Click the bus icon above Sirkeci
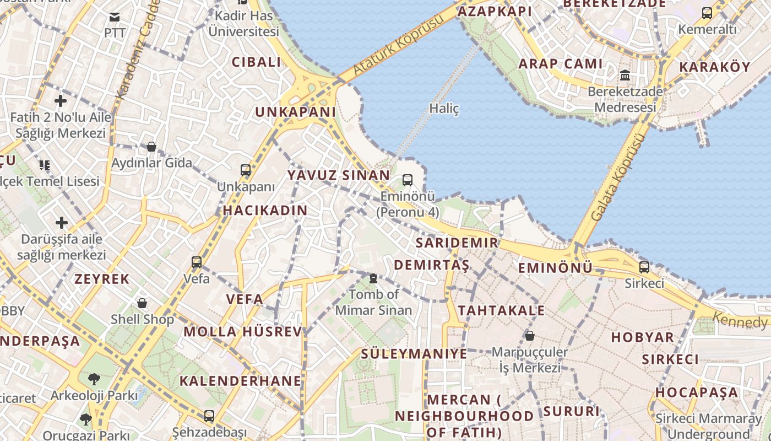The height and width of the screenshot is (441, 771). pyautogui.click(x=644, y=267)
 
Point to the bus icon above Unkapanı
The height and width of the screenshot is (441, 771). pyautogui.click(x=246, y=170)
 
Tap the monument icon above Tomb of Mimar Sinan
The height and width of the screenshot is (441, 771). pyautogui.click(x=373, y=278)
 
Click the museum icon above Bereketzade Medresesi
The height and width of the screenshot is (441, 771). pyautogui.click(x=625, y=75)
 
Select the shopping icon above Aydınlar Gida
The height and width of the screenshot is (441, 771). pyautogui.click(x=151, y=147)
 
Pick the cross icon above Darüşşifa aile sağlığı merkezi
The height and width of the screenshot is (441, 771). pyautogui.click(x=61, y=223)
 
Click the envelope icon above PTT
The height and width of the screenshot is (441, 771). pyautogui.click(x=115, y=17)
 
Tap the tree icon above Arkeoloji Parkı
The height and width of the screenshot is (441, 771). pyautogui.click(x=94, y=379)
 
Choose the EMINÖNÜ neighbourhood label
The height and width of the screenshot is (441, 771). pyautogui.click(x=555, y=268)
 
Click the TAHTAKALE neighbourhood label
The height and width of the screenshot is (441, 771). pyautogui.click(x=501, y=311)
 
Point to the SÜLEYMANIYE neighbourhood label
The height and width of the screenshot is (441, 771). pyautogui.click(x=414, y=354)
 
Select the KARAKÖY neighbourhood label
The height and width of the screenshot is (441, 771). pyautogui.click(x=714, y=67)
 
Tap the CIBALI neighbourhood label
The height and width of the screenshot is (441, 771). pyautogui.click(x=257, y=62)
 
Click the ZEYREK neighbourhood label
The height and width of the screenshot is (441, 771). pyautogui.click(x=102, y=279)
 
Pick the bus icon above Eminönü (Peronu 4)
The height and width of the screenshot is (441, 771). pyautogui.click(x=408, y=180)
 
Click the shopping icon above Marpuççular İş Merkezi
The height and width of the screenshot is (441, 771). pyautogui.click(x=529, y=335)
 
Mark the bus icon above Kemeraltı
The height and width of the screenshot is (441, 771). pyautogui.click(x=707, y=13)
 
